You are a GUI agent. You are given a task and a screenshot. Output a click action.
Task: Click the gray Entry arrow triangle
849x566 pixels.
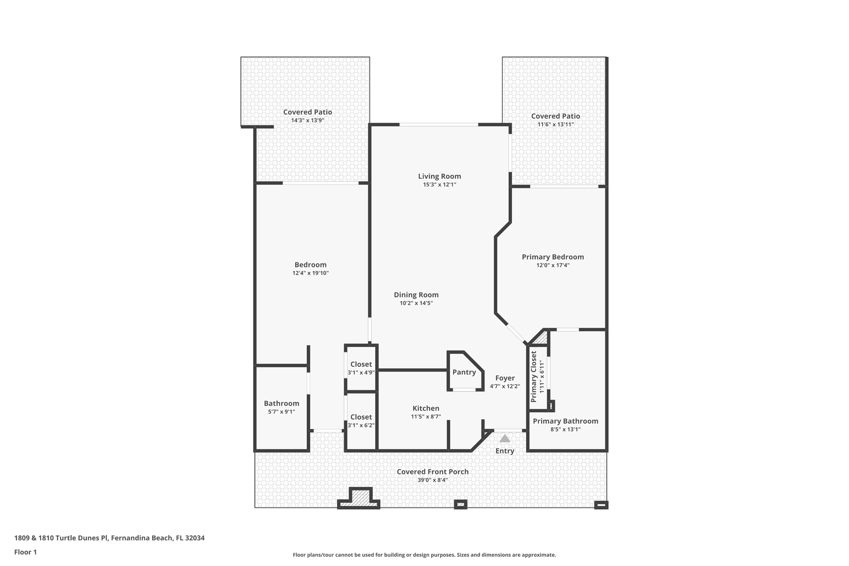(x=505, y=439)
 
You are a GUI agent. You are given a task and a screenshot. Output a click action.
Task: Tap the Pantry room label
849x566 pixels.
(x=464, y=372)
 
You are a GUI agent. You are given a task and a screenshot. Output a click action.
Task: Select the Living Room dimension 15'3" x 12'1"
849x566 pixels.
(x=439, y=185)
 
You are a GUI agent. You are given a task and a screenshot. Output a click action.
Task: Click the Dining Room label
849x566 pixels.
(x=416, y=295)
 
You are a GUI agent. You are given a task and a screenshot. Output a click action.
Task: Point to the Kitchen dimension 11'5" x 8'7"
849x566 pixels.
(x=426, y=417)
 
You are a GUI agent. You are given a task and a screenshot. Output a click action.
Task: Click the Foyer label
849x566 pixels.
(x=505, y=378)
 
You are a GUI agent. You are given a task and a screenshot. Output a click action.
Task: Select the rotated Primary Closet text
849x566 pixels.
(x=534, y=377)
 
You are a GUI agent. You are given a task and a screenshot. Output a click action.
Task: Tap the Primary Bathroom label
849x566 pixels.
(x=565, y=421)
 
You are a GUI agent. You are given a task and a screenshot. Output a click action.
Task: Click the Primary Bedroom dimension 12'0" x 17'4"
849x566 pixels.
(x=553, y=265)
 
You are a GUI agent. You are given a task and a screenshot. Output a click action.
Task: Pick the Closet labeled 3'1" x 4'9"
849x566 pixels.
(x=361, y=364)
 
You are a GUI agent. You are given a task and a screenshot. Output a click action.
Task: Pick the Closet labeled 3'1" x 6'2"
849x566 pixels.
(x=361, y=417)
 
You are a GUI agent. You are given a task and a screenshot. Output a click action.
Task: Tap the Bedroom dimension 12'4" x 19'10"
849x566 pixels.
(x=310, y=273)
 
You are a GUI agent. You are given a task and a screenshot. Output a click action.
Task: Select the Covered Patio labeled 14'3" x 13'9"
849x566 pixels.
(x=308, y=112)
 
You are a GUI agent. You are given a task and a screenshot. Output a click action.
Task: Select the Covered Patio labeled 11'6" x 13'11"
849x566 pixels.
(x=555, y=116)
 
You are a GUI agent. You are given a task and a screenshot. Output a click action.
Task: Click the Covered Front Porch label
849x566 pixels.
(x=433, y=472)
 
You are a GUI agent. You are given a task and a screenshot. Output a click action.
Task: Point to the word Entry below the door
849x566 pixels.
(x=505, y=451)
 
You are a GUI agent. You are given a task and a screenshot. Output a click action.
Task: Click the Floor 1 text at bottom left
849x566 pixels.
(x=26, y=552)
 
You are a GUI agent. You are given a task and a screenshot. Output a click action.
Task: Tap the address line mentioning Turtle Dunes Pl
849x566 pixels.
(x=109, y=538)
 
